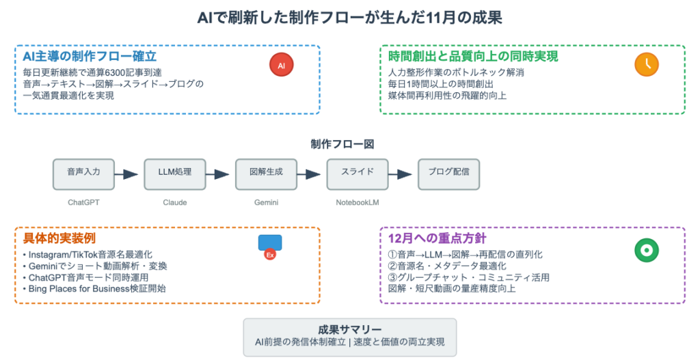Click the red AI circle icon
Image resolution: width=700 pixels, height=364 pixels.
click(x=281, y=65)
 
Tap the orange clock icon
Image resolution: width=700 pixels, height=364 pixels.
click(x=646, y=64)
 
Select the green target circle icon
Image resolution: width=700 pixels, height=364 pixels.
click(x=643, y=251)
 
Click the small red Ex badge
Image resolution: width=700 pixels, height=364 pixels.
click(x=270, y=255)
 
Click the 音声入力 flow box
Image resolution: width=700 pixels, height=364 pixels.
click(x=83, y=174)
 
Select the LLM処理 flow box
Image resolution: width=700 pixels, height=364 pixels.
click(x=174, y=174)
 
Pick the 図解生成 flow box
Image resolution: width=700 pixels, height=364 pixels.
click(x=266, y=174)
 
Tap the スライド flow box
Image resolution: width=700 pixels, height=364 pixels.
click(x=357, y=174)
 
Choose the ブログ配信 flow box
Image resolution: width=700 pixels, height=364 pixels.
click(x=448, y=174)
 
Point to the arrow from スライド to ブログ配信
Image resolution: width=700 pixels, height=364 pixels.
click(x=403, y=174)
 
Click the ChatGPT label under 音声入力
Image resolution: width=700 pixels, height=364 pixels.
click(x=83, y=203)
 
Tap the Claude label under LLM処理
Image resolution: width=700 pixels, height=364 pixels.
click(x=174, y=203)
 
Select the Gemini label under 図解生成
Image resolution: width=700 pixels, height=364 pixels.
click(x=266, y=203)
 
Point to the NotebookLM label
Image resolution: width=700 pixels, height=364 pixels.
click(x=357, y=203)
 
